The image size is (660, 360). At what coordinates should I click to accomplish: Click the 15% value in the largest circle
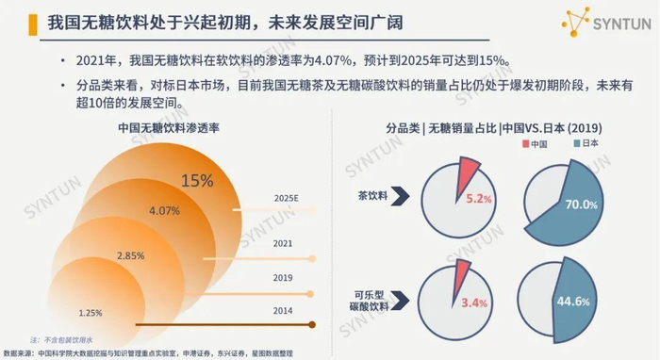197,181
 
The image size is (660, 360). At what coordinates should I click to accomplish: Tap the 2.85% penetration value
128,255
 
